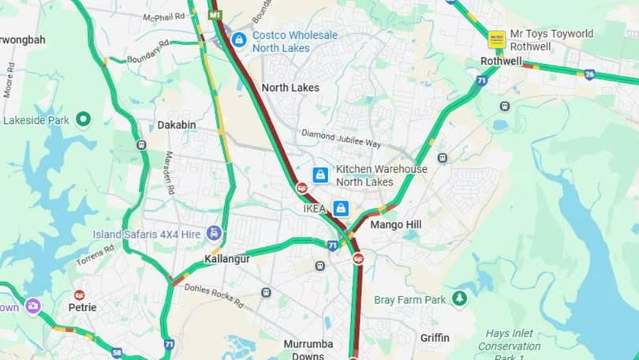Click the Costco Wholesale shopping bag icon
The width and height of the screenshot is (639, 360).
[237, 39]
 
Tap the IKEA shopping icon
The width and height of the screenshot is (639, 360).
[341, 208]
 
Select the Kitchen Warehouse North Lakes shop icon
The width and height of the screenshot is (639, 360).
[320, 175]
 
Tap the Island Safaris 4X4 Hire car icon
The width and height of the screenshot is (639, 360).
[214, 234]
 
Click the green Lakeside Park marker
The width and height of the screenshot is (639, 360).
[84, 120]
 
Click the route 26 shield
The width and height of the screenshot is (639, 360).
[589, 75]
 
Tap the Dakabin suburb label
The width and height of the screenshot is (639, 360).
[176, 125]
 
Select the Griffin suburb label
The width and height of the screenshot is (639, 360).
[435, 338]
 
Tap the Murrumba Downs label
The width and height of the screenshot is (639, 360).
[308, 350]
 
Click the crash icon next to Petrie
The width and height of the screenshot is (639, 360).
[79, 294]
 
